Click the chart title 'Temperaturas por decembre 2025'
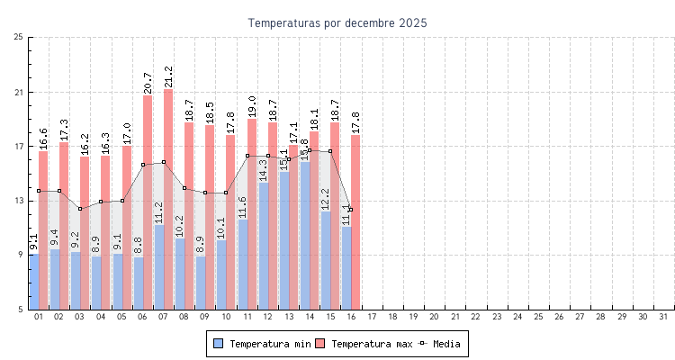(x=337, y=22)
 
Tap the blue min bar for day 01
(x=33, y=282)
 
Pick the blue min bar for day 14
(x=304, y=236)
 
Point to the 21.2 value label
(x=168, y=76)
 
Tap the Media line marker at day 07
(x=164, y=162)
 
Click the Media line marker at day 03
(x=80, y=209)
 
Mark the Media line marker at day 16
(x=350, y=210)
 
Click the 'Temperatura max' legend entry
(x=363, y=344)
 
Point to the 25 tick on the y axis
(x=19, y=37)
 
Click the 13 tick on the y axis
(x=19, y=201)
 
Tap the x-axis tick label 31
(x=663, y=317)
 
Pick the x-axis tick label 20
(x=434, y=317)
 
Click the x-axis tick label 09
(x=205, y=317)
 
